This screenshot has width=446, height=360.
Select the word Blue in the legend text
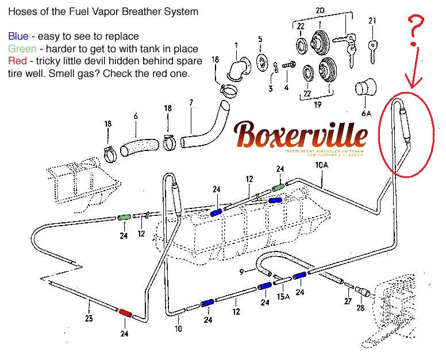coord(17,37)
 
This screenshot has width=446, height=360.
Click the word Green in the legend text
coord(21,49)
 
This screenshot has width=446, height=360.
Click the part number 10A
coord(321,166)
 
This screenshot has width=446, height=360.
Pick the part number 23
coord(88,319)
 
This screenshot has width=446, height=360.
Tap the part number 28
coord(360,308)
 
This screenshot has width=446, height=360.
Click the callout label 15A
coord(282,297)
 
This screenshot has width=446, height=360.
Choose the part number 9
coord(242,271)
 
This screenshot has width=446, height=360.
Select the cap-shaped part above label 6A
coord(364,90)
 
